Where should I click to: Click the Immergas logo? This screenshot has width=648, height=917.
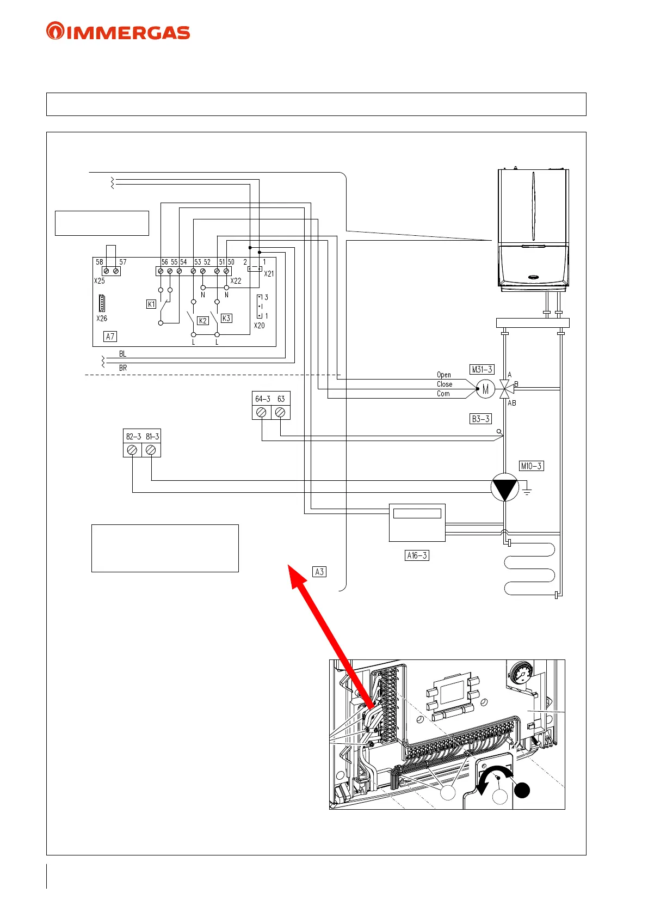[118, 31]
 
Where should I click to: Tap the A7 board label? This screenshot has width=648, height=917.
[110, 337]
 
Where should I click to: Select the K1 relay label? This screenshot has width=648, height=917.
[151, 304]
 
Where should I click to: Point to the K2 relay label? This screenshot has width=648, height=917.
[202, 321]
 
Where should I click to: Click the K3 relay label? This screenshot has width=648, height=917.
[226, 318]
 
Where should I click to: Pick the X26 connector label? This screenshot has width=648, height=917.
[102, 319]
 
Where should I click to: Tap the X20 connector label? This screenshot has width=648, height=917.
[260, 326]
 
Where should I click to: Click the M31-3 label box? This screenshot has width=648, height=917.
[482, 369]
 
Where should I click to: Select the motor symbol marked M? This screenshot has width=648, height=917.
[485, 389]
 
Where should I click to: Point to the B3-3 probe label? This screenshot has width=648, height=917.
[480, 419]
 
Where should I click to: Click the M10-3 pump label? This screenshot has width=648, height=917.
[531, 466]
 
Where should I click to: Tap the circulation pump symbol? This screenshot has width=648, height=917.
[505, 487]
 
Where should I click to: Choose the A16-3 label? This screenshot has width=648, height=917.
[417, 555]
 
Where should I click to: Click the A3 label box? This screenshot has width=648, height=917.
[319, 572]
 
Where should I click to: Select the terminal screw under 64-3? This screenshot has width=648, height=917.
[262, 413]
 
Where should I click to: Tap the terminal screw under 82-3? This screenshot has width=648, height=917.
[132, 450]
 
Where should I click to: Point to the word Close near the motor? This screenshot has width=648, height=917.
[444, 384]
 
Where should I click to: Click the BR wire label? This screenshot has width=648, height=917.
[123, 368]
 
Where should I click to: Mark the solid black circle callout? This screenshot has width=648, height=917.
[522, 790]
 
